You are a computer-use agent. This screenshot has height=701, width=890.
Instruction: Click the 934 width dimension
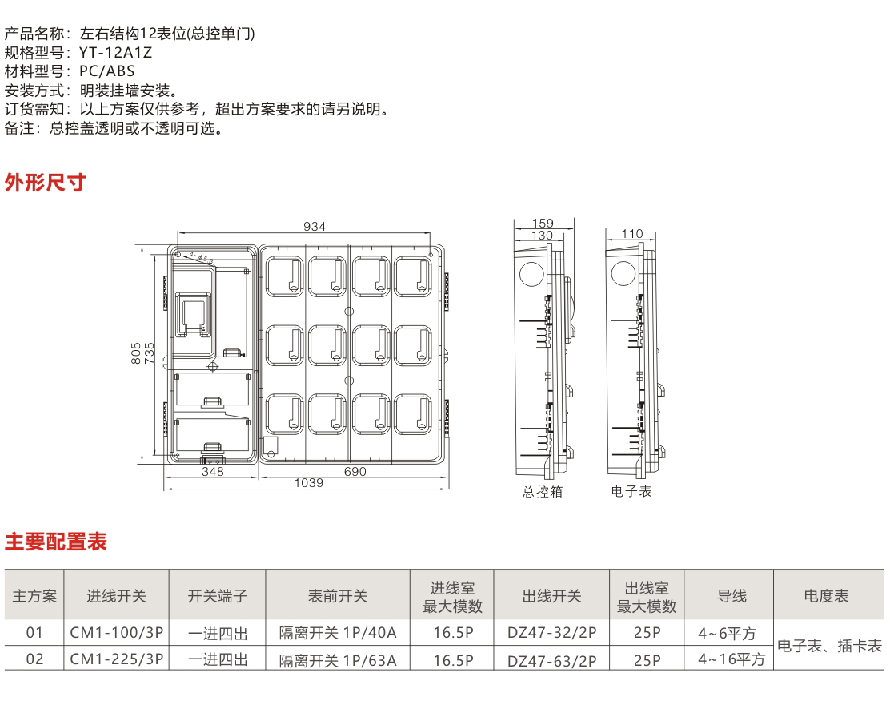click(x=315, y=227)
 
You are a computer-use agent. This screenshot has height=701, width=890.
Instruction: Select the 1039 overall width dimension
click(x=309, y=483)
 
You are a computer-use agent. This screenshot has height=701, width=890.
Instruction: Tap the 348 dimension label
click(x=212, y=472)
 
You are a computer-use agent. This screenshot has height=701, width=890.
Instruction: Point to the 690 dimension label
click(x=355, y=472)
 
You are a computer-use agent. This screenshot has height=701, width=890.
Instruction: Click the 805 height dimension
click(x=136, y=353)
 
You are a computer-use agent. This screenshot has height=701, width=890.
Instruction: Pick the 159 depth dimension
click(x=543, y=224)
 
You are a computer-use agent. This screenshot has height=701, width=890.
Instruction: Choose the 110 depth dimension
click(x=632, y=234)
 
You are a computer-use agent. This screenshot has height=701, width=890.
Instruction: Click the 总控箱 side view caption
click(x=543, y=492)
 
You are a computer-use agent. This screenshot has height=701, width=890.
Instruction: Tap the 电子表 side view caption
click(x=631, y=491)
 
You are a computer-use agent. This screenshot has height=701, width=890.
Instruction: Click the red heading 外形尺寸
click(x=45, y=183)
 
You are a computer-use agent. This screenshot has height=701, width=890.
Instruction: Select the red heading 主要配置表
click(x=56, y=542)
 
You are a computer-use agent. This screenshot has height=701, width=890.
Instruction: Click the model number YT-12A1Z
click(x=115, y=53)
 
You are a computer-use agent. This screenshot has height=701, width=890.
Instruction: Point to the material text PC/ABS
click(x=107, y=71)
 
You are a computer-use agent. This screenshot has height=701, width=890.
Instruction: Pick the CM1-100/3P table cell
click(x=117, y=633)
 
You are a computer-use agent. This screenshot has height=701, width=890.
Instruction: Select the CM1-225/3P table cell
click(x=117, y=659)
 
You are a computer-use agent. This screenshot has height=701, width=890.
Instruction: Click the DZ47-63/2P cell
click(x=552, y=659)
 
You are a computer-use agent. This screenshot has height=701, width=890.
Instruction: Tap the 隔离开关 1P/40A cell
click(x=338, y=633)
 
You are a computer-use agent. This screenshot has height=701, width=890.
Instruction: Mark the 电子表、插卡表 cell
click(x=830, y=646)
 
